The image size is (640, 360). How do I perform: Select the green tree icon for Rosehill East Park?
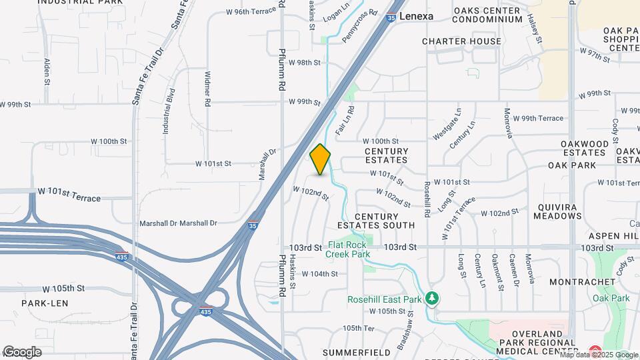click(433, 297)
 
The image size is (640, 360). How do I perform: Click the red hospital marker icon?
click(595, 351)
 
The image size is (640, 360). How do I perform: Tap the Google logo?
click(22, 351)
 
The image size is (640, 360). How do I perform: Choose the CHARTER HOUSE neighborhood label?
click(461, 41)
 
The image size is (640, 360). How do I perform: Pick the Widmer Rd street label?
click(208, 89)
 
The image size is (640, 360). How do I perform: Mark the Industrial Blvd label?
click(168, 111)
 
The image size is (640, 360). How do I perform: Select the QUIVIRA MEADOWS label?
click(557, 211)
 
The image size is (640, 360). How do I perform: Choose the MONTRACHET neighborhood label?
click(583, 282)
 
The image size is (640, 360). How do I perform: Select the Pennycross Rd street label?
click(359, 26)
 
